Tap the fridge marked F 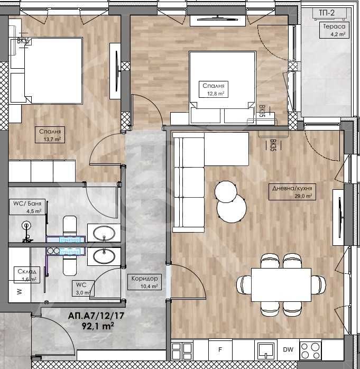click(x=221, y=349)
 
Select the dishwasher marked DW click(x=288, y=349)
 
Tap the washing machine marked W click(x=19, y=291)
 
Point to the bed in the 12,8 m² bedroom click(x=222, y=79)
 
